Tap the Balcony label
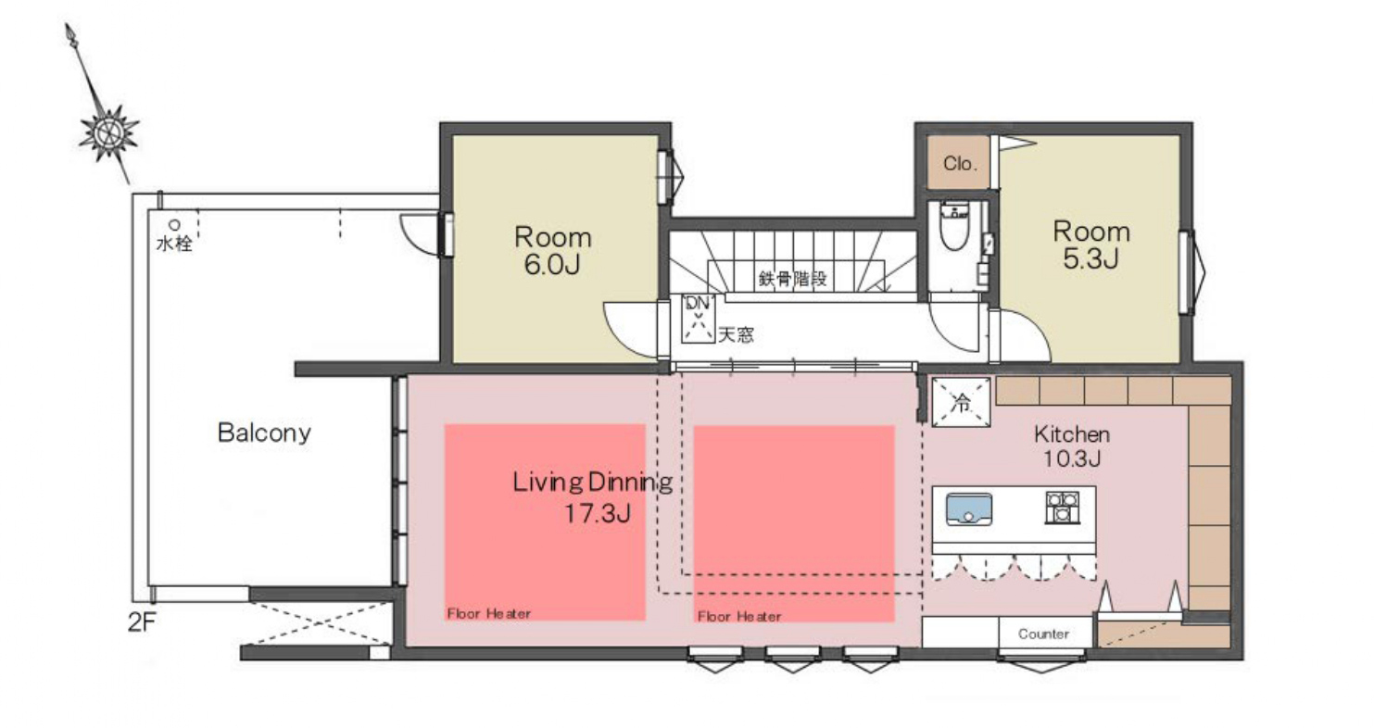264,433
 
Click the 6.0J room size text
552,264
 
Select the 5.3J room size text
1090,258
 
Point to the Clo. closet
958,162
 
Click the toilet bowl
954,227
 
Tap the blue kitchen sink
968,509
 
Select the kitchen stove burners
1063,508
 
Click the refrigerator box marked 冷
961,402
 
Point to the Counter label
1043,634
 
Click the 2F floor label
142,622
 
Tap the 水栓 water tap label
174,244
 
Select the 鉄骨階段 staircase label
792,279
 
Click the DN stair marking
698,302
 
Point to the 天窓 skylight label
736,334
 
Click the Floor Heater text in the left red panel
489,613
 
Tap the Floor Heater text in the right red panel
739,616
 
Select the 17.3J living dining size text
598,513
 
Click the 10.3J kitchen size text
1072,458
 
